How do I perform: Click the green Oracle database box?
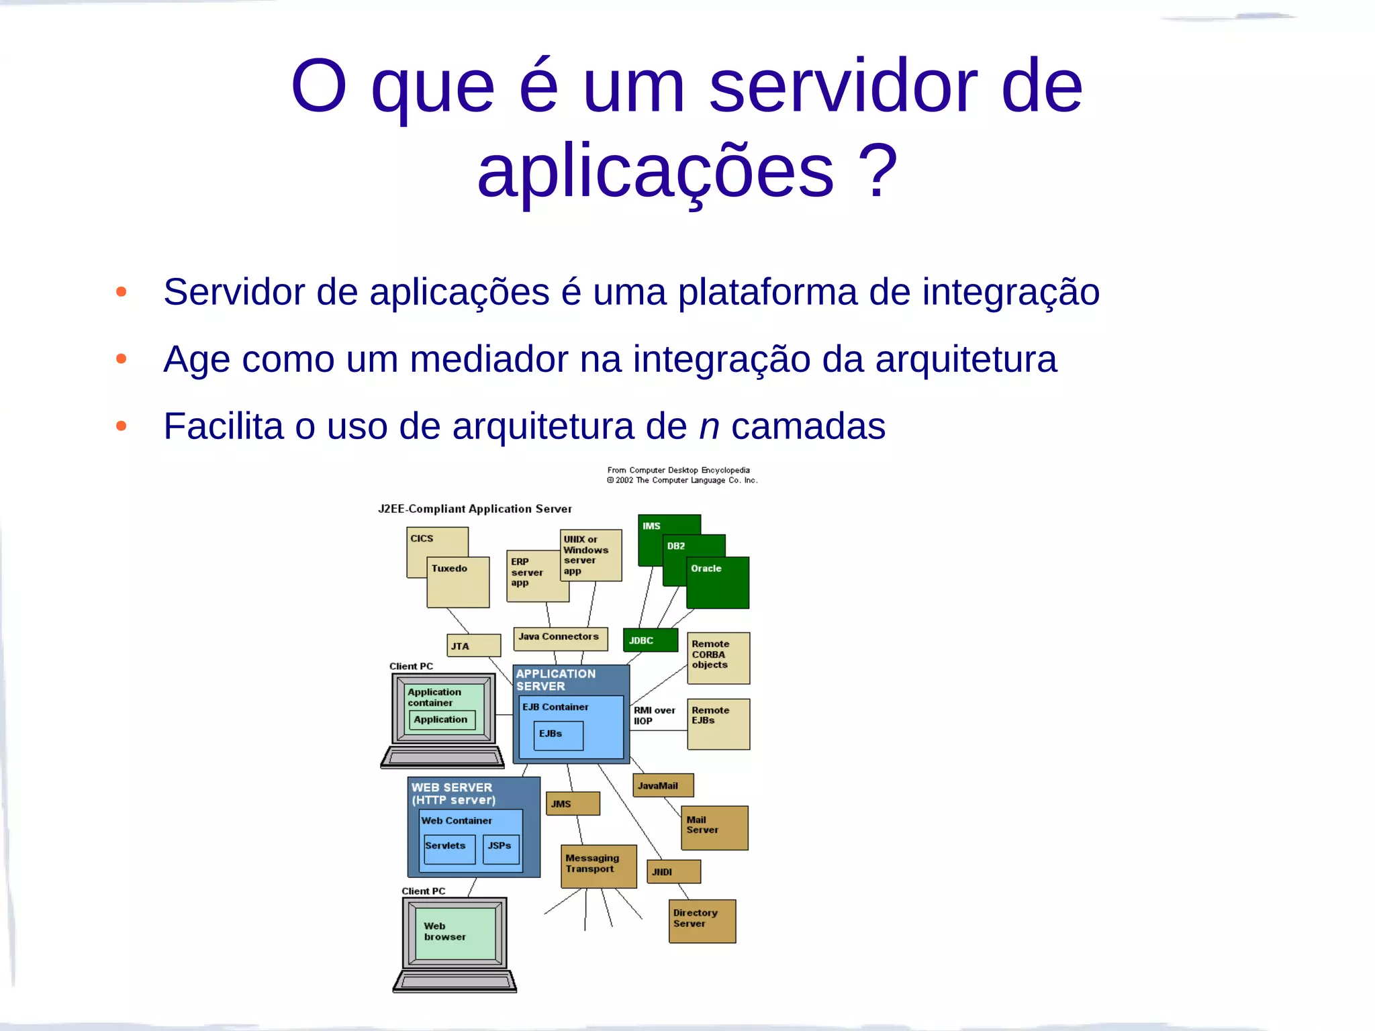(718, 583)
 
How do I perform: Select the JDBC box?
(650, 640)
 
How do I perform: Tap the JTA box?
(474, 646)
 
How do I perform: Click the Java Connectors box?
(561, 638)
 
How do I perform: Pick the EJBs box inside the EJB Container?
(559, 736)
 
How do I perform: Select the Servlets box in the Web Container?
(449, 848)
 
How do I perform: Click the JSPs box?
(501, 848)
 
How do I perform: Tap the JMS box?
(573, 803)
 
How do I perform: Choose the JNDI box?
(673, 871)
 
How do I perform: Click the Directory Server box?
(702, 921)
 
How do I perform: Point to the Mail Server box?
(714, 828)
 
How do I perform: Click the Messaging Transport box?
(598, 866)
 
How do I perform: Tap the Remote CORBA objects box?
(718, 658)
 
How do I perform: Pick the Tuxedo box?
(459, 582)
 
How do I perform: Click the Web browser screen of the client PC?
(455, 933)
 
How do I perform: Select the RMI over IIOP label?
(654, 716)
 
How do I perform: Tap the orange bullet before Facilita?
(121, 426)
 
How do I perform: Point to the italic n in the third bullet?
(709, 427)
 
